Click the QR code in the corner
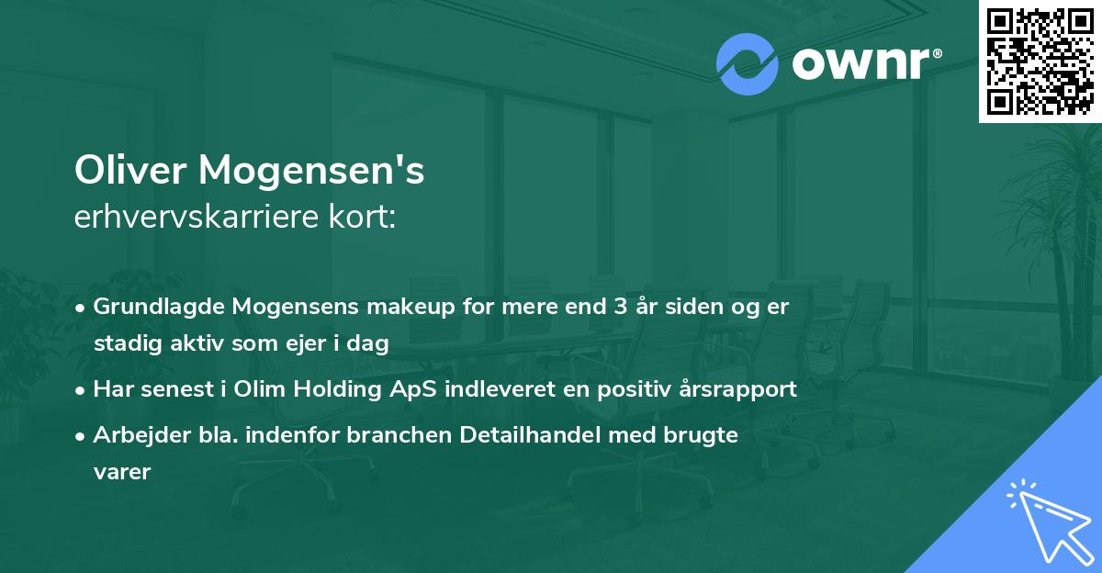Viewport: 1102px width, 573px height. coord(1040,62)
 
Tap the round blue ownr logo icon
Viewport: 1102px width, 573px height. coord(747,64)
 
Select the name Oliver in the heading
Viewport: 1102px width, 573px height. coord(130,171)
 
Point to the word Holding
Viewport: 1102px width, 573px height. coord(332,389)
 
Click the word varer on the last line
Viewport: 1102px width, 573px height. coord(120,472)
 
